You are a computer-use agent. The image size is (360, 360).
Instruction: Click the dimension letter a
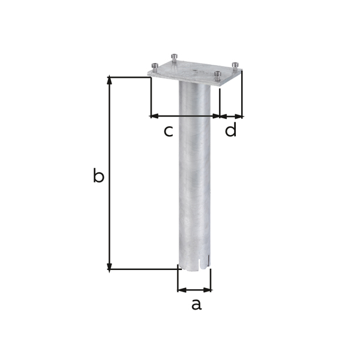pos(196,304)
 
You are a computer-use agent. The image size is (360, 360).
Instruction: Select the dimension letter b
pos(98,176)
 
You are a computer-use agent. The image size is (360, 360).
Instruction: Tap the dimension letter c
pos(169,131)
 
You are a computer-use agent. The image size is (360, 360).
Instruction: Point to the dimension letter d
pos(231,130)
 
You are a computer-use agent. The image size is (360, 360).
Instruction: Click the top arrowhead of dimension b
pos(109,80)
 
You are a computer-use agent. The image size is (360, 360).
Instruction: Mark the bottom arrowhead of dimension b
pos(109,267)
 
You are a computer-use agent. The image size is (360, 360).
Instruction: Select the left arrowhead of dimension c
pos(154,116)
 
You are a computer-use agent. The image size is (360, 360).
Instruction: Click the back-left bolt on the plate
pos(174,58)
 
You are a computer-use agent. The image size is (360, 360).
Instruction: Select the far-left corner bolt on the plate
pos(155,67)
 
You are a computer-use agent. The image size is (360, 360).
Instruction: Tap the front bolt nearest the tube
pos(217,76)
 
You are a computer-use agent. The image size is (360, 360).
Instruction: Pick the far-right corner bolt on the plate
pos(235,65)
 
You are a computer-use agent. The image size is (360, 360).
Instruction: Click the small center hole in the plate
pos(194,70)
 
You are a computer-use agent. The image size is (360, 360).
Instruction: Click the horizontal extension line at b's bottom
pos(144,269)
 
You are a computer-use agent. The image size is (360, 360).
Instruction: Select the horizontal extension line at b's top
pos(129,77)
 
